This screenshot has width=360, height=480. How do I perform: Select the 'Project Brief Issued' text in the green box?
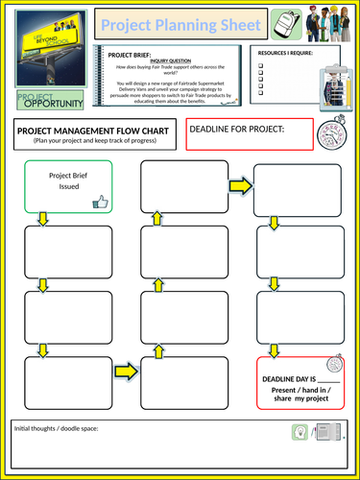click(x=62, y=181)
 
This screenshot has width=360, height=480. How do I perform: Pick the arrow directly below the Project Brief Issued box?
click(x=42, y=220)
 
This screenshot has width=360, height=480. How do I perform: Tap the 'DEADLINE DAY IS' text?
click(x=296, y=380)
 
